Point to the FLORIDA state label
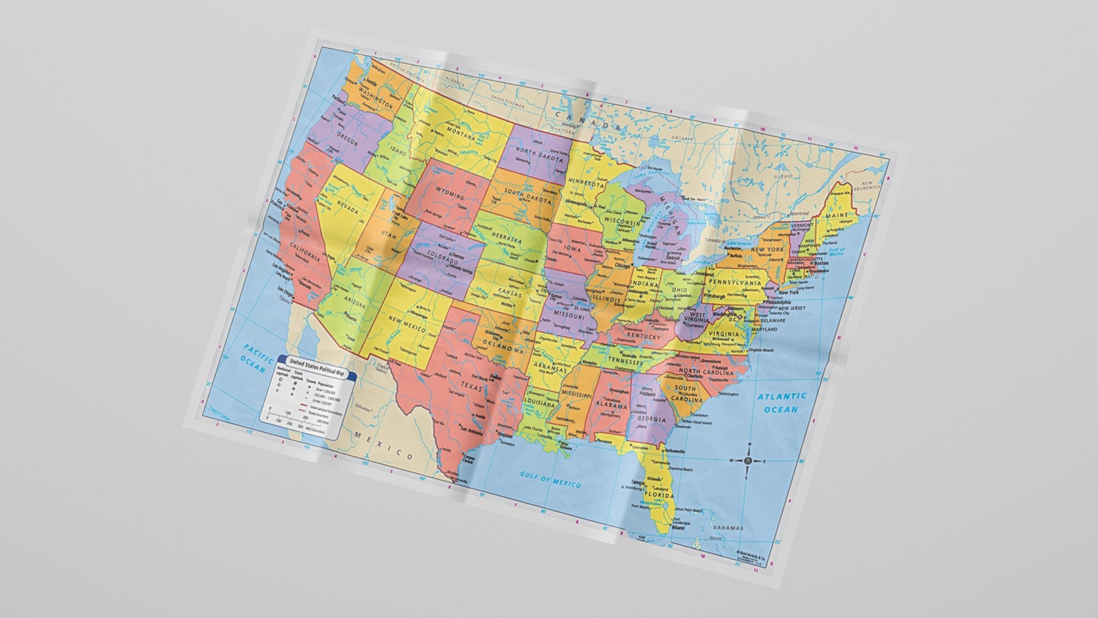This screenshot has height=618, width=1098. (x=659, y=494)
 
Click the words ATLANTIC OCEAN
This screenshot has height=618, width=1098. (x=781, y=403)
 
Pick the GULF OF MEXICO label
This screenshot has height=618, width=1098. (x=550, y=479)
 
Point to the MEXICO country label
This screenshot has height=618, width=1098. (x=383, y=446)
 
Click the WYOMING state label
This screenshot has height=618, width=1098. (x=450, y=193)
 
